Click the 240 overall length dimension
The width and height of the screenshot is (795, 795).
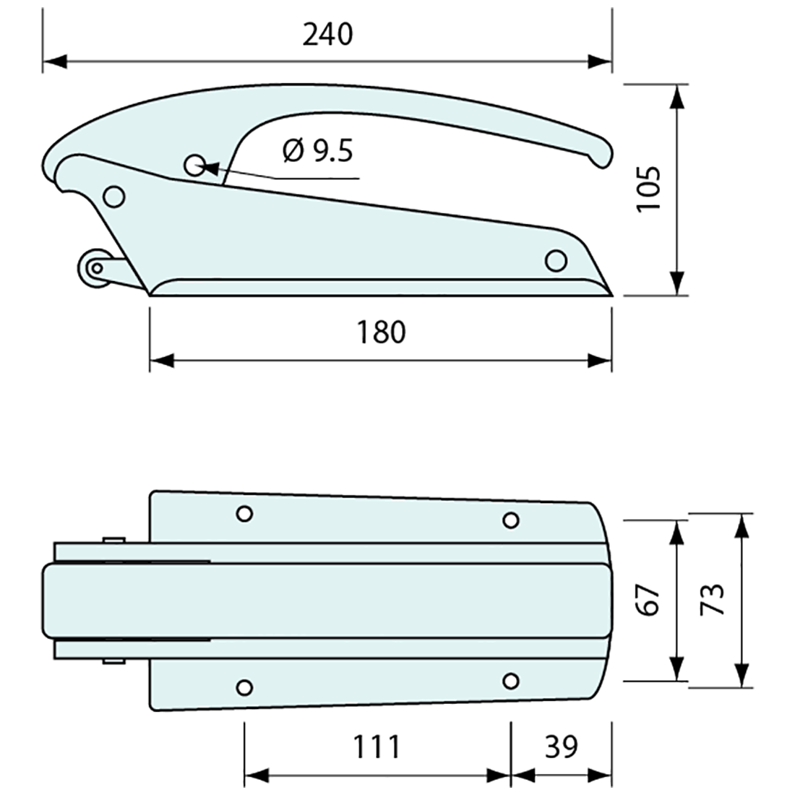click(x=327, y=34)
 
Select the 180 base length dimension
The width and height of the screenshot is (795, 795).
click(x=381, y=332)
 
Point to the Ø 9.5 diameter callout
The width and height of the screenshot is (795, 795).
click(x=317, y=151)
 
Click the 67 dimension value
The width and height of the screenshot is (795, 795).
click(x=649, y=599)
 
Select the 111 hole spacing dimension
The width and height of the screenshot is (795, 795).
click(x=377, y=746)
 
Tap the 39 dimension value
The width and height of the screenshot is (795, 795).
click(x=561, y=746)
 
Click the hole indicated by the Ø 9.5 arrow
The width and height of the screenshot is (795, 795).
click(x=194, y=166)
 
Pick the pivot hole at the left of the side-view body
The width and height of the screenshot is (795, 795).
click(x=113, y=196)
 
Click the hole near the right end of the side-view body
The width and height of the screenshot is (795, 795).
click(x=555, y=260)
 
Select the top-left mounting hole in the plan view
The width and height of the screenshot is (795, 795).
click(x=244, y=514)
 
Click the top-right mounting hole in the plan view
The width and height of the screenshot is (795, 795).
click(x=510, y=520)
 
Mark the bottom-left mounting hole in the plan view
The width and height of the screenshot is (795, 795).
click(x=244, y=687)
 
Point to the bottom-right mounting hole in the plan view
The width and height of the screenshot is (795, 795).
click(x=510, y=681)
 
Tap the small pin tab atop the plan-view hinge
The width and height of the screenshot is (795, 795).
click(x=113, y=539)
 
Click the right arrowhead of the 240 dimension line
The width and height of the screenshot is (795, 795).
click(x=600, y=61)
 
